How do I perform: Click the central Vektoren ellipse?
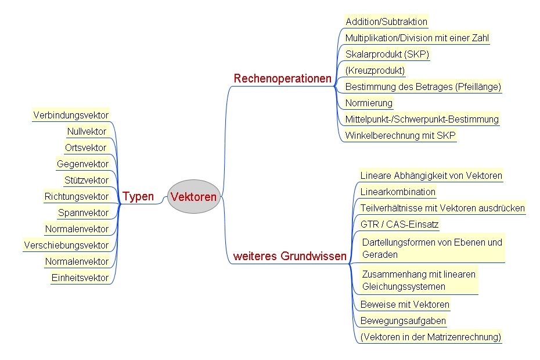(193, 196)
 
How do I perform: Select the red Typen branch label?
(138, 196)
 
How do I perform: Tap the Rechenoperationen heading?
(282, 78)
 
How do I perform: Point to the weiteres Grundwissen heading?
(290, 256)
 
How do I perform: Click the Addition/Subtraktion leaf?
(386, 21)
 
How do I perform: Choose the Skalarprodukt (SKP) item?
(387, 54)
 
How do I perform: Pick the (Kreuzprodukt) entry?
(375, 70)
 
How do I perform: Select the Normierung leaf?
(369, 103)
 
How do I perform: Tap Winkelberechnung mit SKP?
(400, 135)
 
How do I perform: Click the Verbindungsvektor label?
(71, 115)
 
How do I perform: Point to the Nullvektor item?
(87, 131)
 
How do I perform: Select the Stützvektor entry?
(87, 180)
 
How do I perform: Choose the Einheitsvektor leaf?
(80, 278)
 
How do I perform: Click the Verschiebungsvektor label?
(66, 245)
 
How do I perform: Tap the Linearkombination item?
(398, 192)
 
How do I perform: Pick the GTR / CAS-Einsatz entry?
(399, 224)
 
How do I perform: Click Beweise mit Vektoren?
(405, 304)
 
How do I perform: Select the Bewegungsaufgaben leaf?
(403, 321)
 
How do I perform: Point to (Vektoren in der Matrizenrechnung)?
(430, 337)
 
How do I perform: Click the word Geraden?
(380, 254)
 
